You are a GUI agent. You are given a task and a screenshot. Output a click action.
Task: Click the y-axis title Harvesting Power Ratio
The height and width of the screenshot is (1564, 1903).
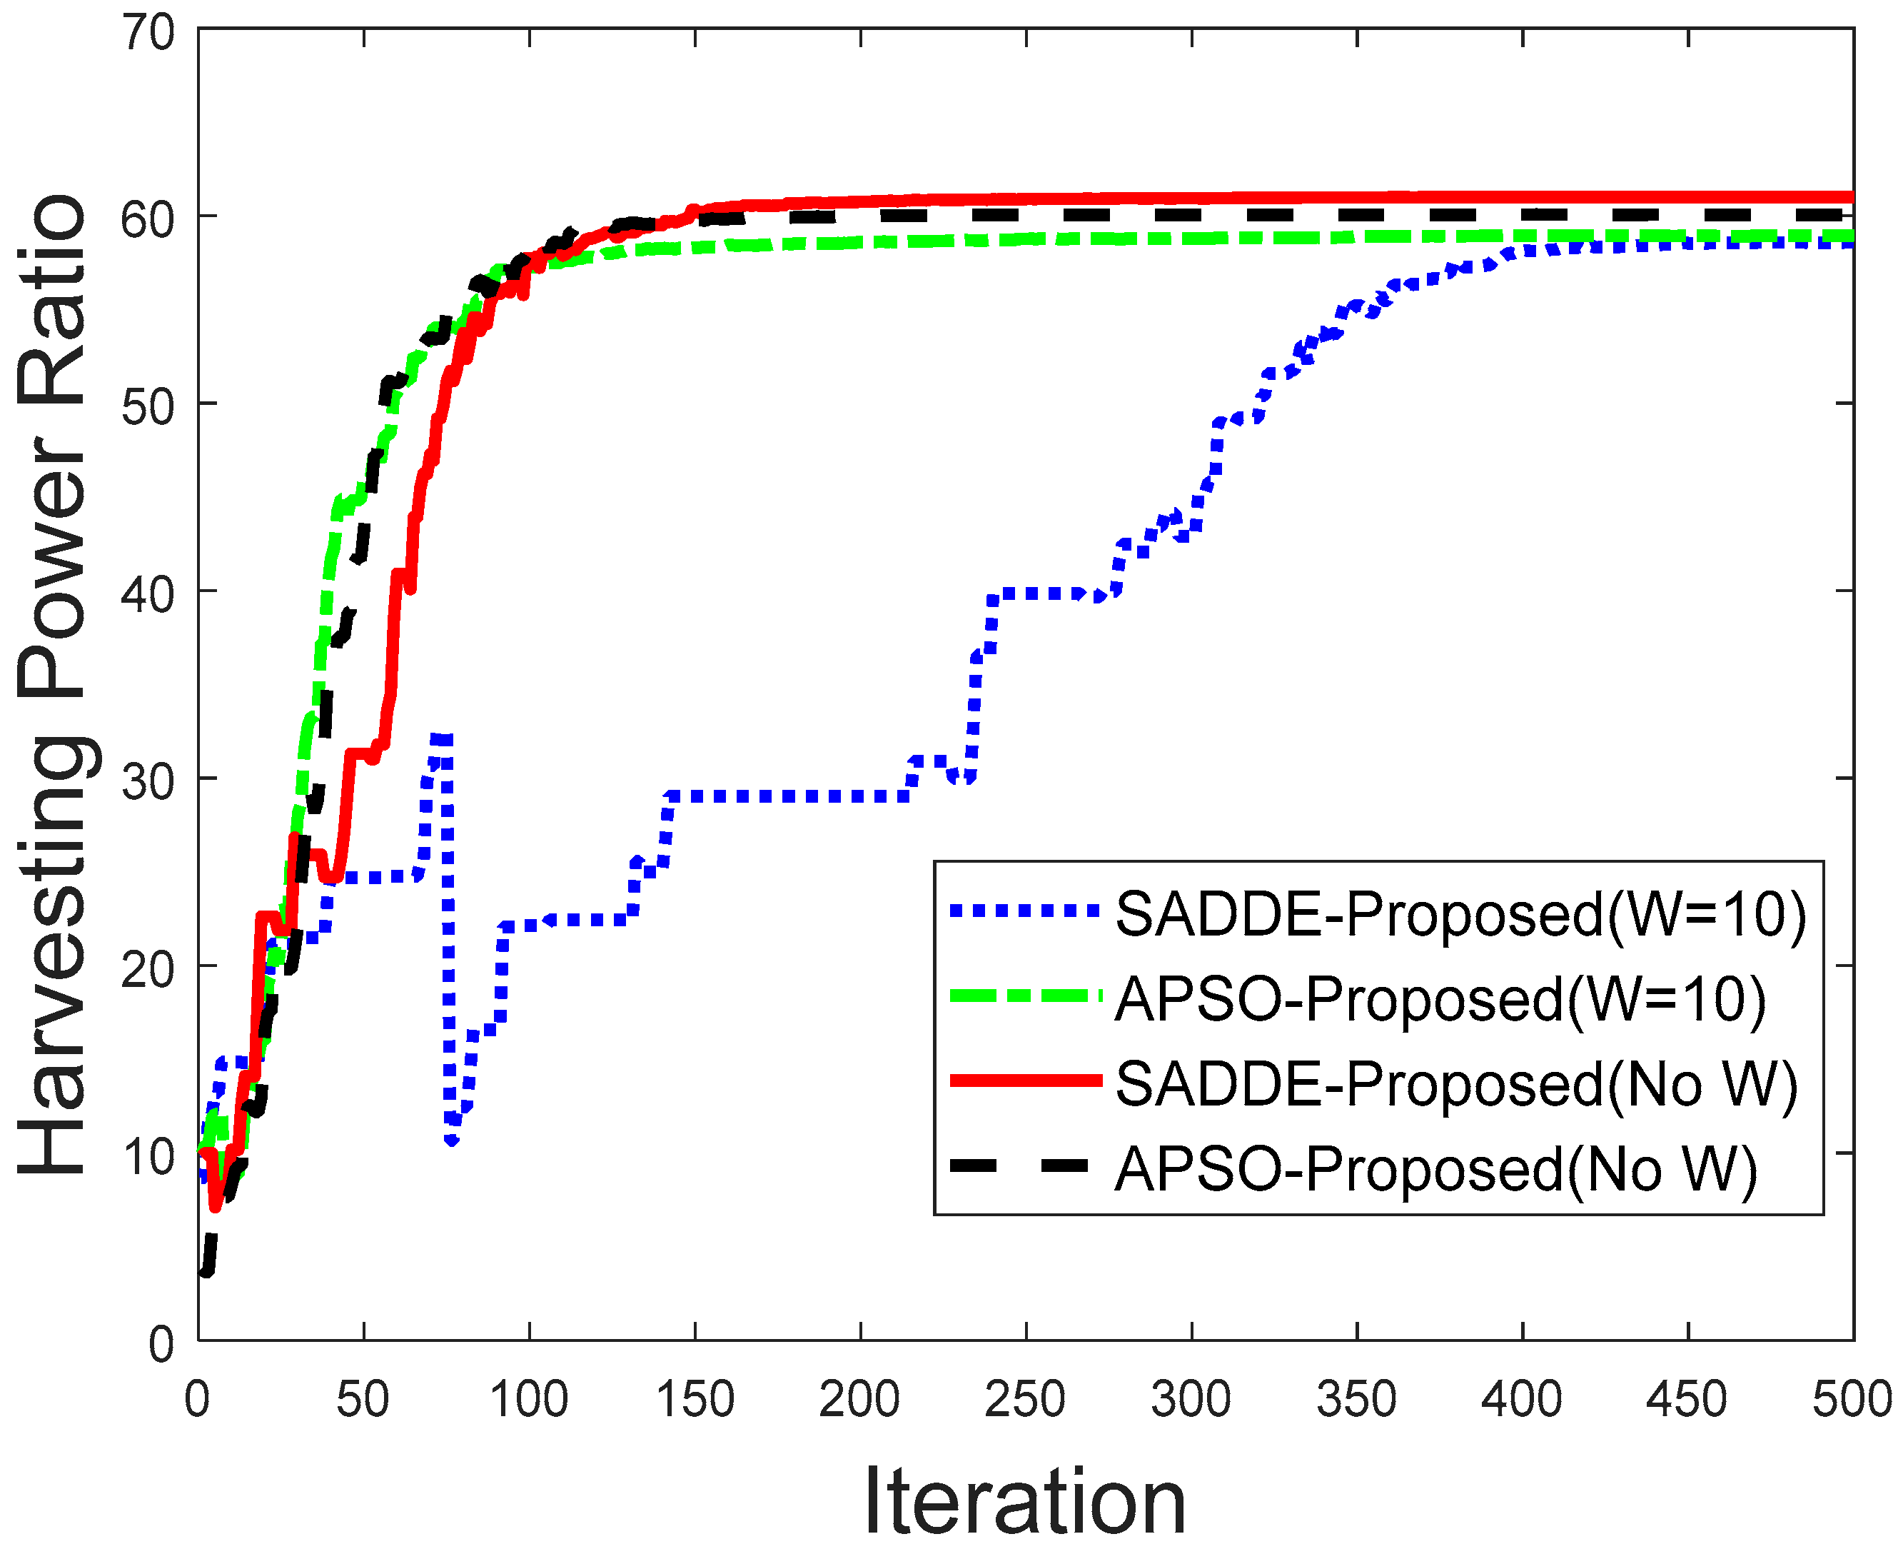52,685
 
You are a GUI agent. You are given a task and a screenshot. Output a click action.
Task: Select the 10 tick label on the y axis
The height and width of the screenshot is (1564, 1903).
148,1157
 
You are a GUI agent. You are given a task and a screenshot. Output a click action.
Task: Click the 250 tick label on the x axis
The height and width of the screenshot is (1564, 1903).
1025,1400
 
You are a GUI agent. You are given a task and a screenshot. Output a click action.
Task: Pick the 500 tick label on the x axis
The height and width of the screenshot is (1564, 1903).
1852,1400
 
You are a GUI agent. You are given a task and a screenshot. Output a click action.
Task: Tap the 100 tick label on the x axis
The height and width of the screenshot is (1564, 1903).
529,1400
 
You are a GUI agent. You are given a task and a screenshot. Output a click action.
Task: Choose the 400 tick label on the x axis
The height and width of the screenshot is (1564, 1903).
1521,1400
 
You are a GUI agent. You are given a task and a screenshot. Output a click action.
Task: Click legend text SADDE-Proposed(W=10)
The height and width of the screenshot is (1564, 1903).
1460,914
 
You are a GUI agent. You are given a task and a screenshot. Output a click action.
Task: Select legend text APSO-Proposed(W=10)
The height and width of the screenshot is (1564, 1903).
1440,999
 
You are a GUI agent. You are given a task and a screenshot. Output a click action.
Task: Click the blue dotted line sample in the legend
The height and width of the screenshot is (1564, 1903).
1026,911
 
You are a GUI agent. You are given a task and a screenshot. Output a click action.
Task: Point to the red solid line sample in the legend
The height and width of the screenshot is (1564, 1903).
1026,1081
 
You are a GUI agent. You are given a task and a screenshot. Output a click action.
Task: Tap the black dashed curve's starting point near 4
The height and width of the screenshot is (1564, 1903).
206,1271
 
